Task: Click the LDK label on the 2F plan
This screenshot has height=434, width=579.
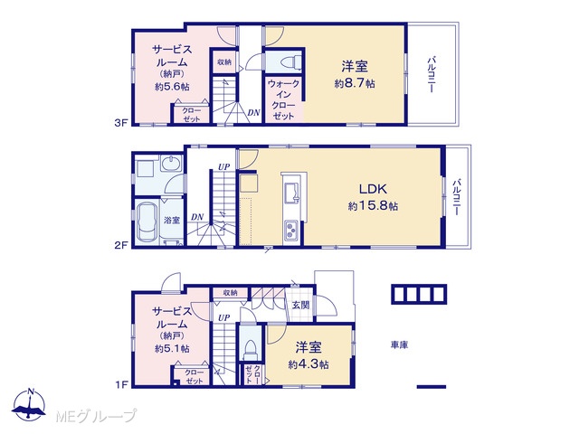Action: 373,189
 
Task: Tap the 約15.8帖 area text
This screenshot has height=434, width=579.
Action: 373,205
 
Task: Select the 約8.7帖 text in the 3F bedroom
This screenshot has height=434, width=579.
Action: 355,83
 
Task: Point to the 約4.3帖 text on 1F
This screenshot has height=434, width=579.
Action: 308,364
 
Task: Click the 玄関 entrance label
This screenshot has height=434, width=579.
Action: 300,306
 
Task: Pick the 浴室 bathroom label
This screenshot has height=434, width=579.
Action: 172,221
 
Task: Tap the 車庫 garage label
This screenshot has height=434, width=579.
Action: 400,345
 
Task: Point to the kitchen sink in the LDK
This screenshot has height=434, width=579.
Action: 292,192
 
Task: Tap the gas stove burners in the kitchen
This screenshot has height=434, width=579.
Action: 291,231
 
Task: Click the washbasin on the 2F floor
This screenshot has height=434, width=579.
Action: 171,164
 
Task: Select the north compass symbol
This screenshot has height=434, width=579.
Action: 29,404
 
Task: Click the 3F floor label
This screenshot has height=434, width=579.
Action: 120,123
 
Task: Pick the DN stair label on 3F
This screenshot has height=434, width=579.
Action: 253,112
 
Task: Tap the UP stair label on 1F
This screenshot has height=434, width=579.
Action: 223,317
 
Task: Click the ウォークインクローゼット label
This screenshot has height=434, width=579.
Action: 283,99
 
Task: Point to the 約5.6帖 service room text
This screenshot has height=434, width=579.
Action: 172,87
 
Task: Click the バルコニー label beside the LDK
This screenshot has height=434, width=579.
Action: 457,197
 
